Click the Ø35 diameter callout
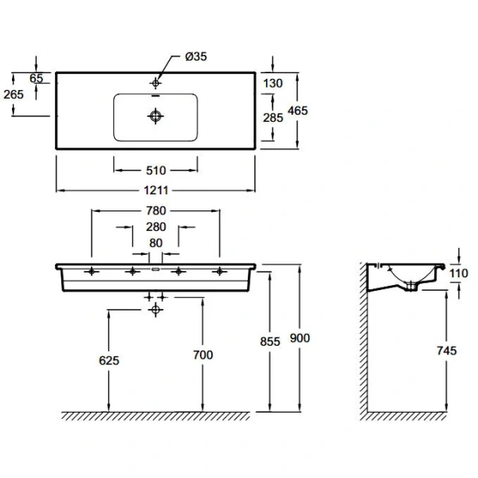click(196, 57)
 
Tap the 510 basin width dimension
click(156, 170)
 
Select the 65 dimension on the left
click(36, 78)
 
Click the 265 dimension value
click(14, 94)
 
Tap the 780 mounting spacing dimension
click(156, 211)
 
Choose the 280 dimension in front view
click(156, 228)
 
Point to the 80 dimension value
click(156, 243)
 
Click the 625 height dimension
click(109, 361)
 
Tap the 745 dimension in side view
click(449, 348)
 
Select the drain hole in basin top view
click(156, 116)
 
